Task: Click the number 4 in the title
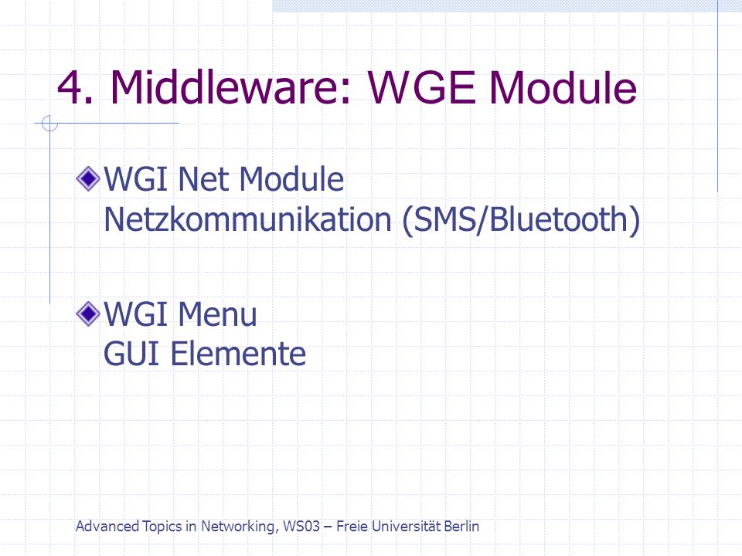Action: click(70, 88)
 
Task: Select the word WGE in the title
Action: click(421, 88)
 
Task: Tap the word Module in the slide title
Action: click(563, 87)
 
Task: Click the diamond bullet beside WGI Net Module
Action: click(88, 179)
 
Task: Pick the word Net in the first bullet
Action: click(204, 180)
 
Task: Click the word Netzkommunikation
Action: click(247, 219)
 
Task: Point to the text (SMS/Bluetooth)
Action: click(521, 220)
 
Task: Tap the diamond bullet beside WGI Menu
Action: click(88, 314)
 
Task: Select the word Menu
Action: click(218, 314)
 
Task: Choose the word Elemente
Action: click(238, 354)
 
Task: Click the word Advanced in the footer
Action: click(107, 526)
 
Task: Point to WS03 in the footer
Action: click(301, 526)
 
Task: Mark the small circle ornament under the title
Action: click(49, 124)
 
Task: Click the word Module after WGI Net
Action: click(291, 179)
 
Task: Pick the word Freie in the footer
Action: click(352, 526)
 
